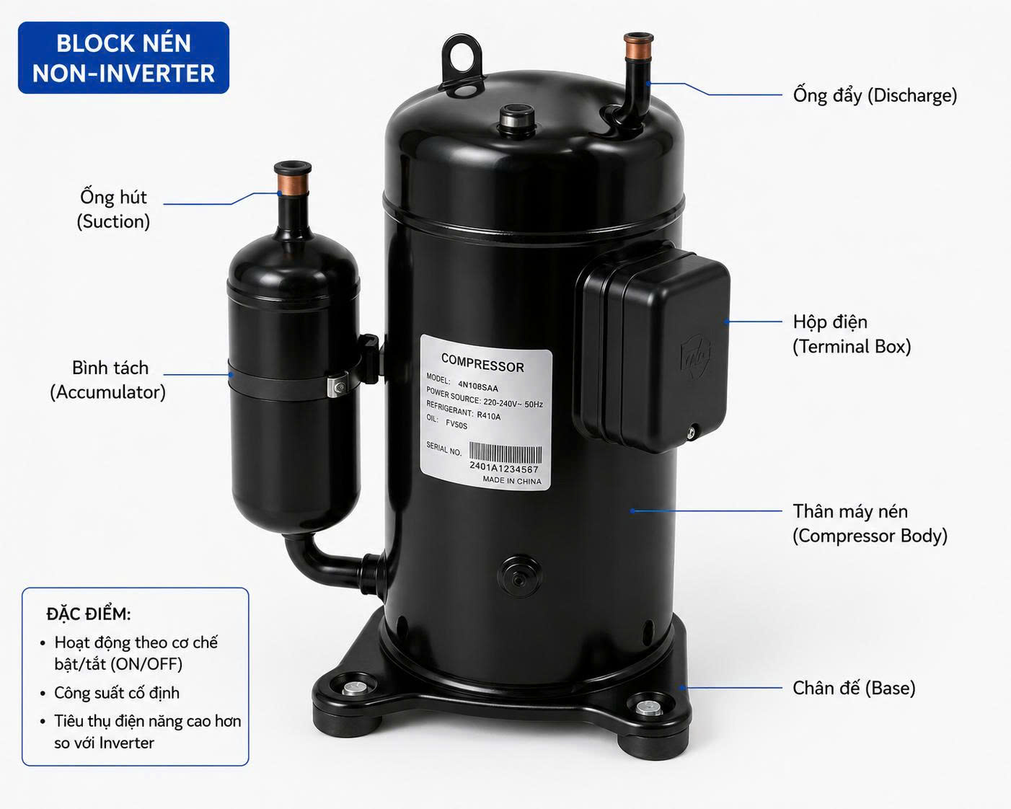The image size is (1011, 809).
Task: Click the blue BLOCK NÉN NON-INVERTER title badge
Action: (123, 58)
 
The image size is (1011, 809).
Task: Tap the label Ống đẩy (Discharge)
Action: (875, 95)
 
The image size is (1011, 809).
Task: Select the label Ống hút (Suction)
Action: (113, 209)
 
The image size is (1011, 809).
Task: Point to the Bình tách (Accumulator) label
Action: (108, 380)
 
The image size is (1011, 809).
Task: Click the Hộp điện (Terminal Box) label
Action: (851, 334)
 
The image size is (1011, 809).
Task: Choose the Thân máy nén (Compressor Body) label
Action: (870, 523)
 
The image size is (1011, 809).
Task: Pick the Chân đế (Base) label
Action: (854, 689)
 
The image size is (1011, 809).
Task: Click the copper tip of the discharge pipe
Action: (638, 46)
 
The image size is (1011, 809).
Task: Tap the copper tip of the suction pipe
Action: (292, 178)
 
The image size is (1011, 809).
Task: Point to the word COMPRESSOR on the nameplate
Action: (482, 363)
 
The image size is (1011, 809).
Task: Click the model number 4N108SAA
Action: (478, 386)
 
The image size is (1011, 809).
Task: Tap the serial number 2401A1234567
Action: (503, 468)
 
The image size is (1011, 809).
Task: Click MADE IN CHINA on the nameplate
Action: (512, 481)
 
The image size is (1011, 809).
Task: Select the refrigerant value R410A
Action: (489, 415)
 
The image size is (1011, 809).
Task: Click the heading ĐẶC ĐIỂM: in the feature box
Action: (88, 614)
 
